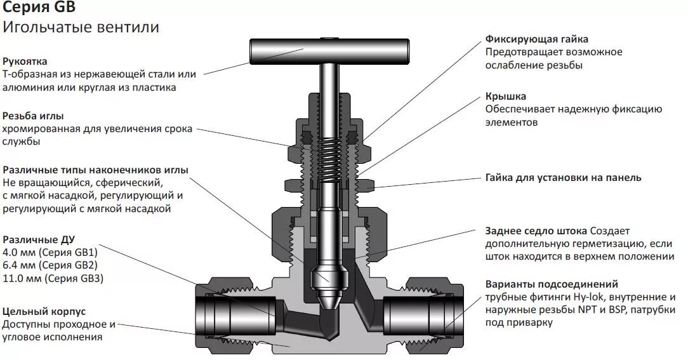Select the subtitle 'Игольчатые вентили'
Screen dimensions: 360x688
[x=81, y=27]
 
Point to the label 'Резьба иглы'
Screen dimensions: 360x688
[x=33, y=116]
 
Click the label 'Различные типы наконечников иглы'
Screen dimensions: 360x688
[x=95, y=170]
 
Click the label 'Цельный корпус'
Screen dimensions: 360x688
[x=44, y=311]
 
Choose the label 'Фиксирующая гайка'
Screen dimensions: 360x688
[x=537, y=39]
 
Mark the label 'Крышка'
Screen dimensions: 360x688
[x=506, y=97]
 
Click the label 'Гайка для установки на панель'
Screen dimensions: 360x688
[x=563, y=178]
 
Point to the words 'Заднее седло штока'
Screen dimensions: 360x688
[x=536, y=231]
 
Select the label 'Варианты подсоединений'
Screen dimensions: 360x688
[x=552, y=284]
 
